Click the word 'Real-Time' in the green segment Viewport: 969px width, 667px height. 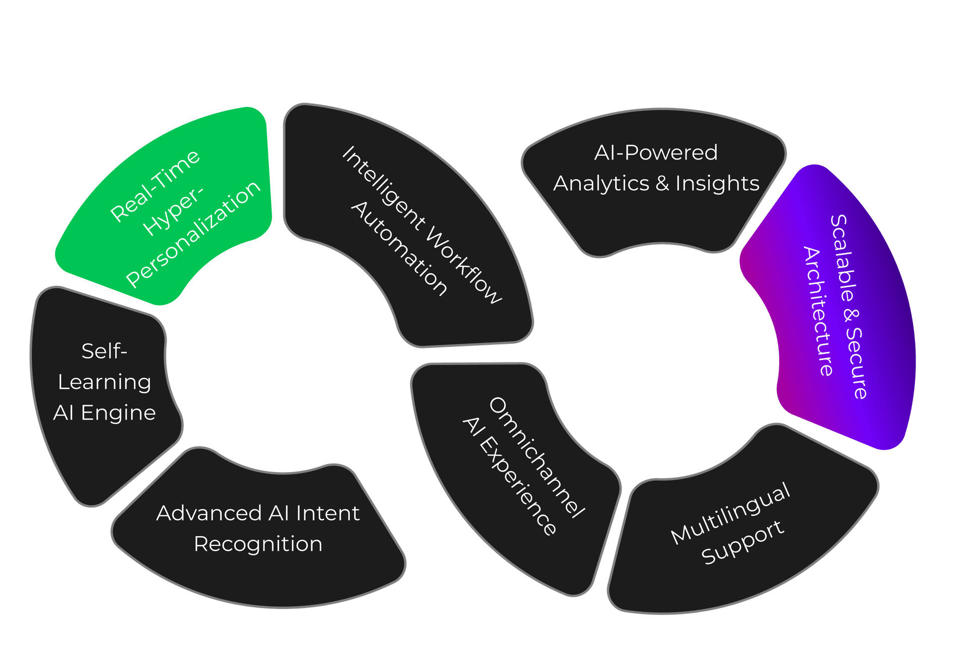point(155,185)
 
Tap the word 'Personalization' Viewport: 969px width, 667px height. point(193,234)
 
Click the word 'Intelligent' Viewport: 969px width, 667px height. point(384,189)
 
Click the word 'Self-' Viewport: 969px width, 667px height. point(104,351)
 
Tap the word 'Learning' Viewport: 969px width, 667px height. point(104,382)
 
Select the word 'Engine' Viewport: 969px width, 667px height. point(118,413)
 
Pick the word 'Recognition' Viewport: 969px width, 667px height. point(258,544)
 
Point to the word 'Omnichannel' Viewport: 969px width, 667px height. point(537,457)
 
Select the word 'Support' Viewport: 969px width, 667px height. point(743,542)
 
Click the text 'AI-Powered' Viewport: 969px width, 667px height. point(656,152)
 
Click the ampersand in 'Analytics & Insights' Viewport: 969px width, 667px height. point(662,183)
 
